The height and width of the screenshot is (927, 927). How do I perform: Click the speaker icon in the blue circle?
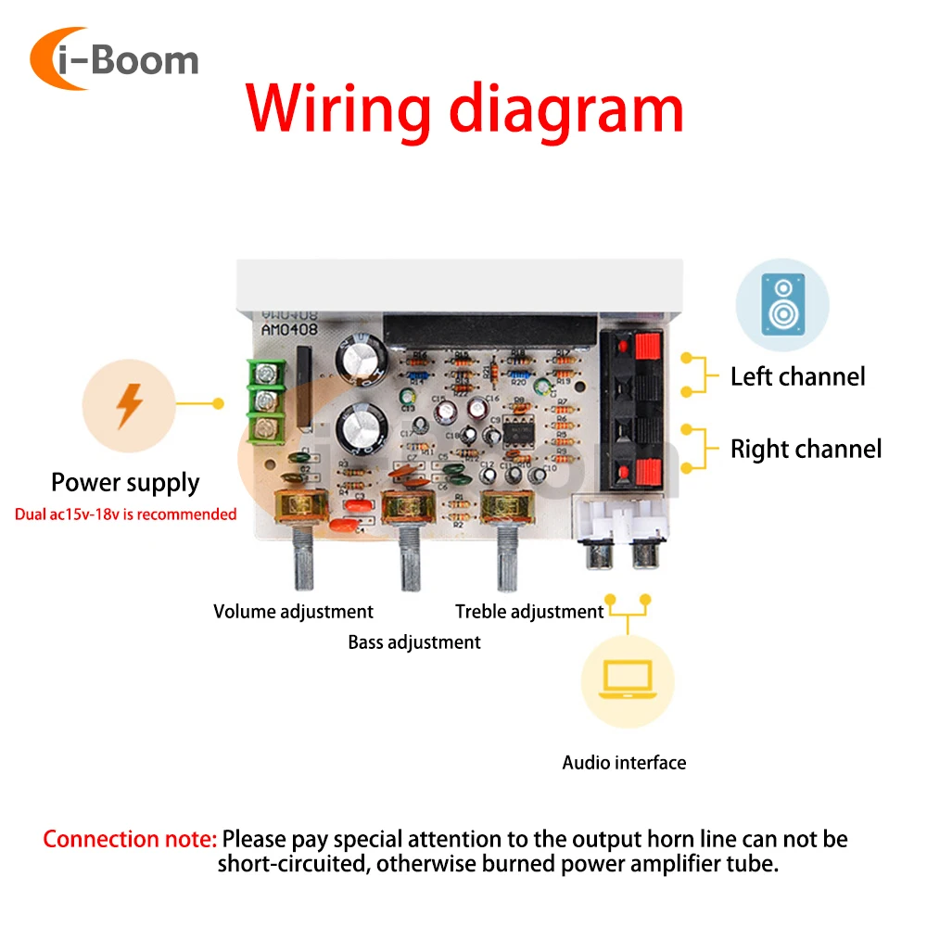pyautogui.click(x=782, y=305)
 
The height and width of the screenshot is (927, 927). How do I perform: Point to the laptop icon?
pyautogui.click(x=628, y=679)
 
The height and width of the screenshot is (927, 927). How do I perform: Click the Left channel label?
pyautogui.click(x=797, y=376)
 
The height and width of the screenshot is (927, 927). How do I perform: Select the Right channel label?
pyautogui.click(x=806, y=450)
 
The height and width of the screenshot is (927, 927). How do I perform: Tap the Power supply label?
pyautogui.click(x=125, y=482)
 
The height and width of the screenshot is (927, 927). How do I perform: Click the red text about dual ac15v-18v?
pyautogui.click(x=126, y=514)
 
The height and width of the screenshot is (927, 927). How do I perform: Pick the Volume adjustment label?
pyautogui.click(x=293, y=612)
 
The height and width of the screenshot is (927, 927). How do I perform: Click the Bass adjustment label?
pyautogui.click(x=414, y=641)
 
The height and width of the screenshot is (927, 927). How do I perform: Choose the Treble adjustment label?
pyautogui.click(x=529, y=612)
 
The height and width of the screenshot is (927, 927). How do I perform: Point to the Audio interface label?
pyautogui.click(x=624, y=763)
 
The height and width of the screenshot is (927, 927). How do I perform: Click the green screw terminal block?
pyautogui.click(x=266, y=402)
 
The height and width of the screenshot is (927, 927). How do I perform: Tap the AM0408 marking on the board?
pyautogui.click(x=291, y=329)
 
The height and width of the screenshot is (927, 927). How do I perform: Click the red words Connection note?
pyautogui.click(x=130, y=840)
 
